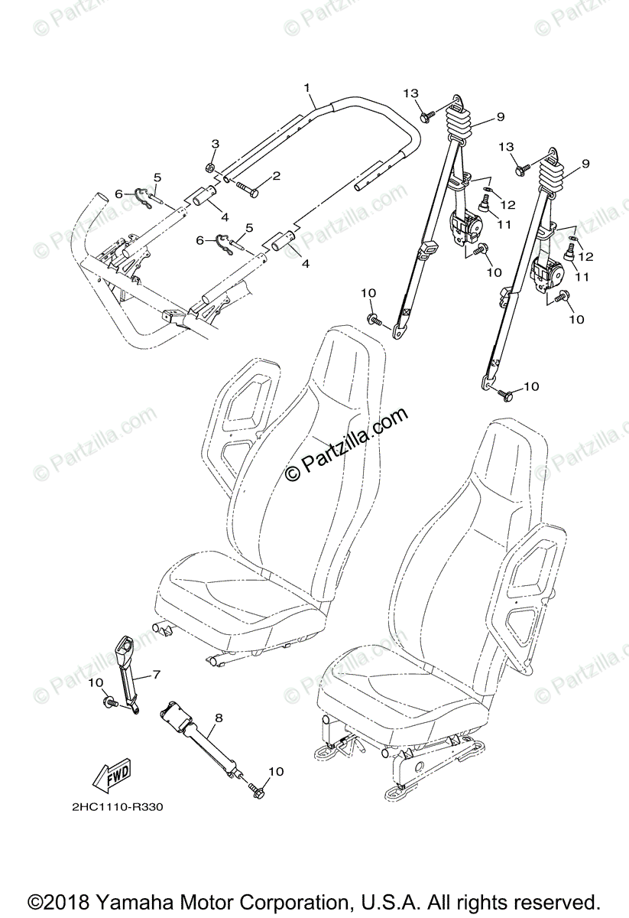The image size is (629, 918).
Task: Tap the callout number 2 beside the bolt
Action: tap(276, 176)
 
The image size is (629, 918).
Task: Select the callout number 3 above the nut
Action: tap(215, 144)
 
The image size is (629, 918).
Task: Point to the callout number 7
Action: tap(156, 674)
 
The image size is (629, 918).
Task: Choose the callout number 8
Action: tap(219, 718)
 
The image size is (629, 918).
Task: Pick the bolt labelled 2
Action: tap(243, 187)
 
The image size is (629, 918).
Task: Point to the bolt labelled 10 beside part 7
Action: tap(109, 698)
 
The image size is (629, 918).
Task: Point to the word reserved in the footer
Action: tap(546, 900)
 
